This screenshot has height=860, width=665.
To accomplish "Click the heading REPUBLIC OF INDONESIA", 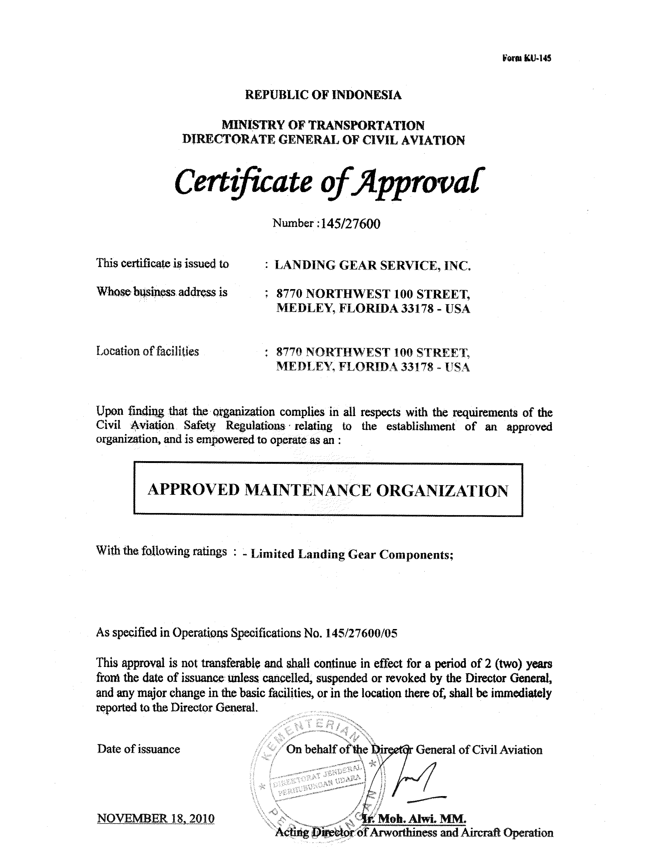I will point(323,95).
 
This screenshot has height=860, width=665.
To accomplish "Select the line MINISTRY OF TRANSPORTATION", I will point(323,125).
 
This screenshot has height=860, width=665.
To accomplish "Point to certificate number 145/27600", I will point(350,224).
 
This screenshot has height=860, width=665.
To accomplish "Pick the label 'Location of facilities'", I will point(148,351).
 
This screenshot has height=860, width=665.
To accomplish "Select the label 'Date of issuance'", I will point(139,749).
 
